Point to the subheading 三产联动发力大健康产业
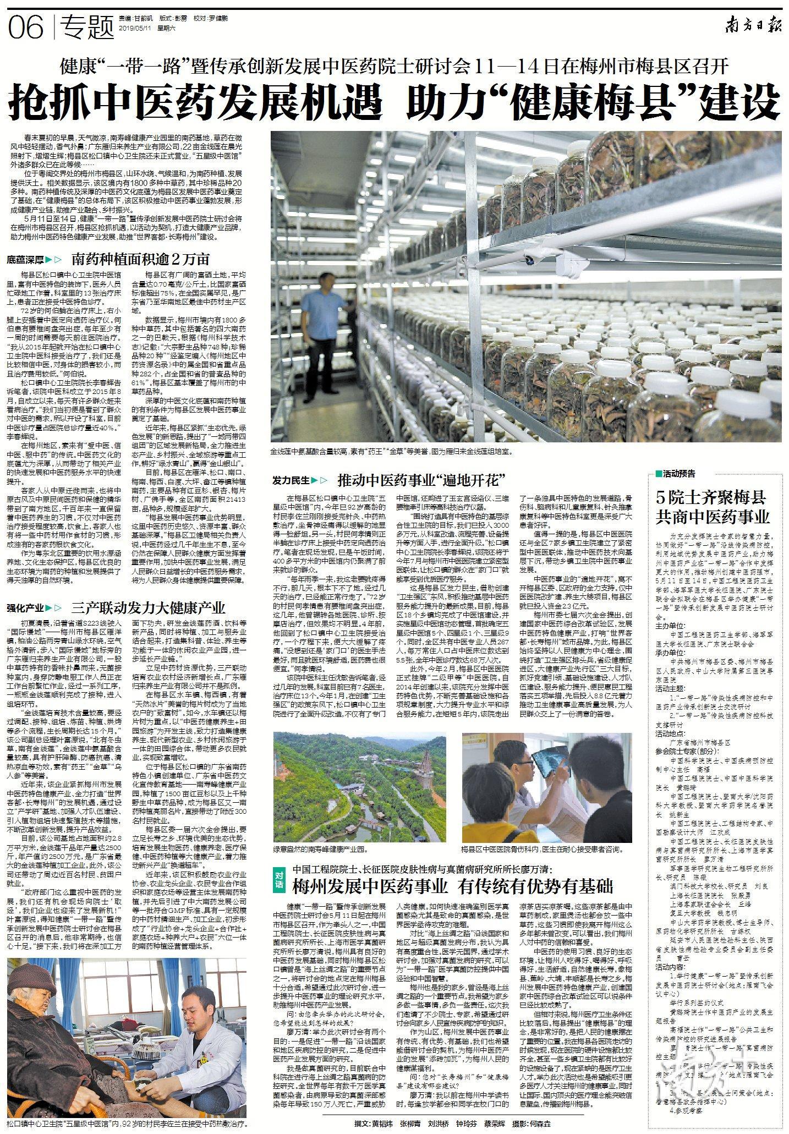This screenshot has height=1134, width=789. click(x=149, y=607)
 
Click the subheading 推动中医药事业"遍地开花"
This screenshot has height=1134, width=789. click(x=421, y=480)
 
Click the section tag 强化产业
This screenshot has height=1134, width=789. click(x=25, y=608)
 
